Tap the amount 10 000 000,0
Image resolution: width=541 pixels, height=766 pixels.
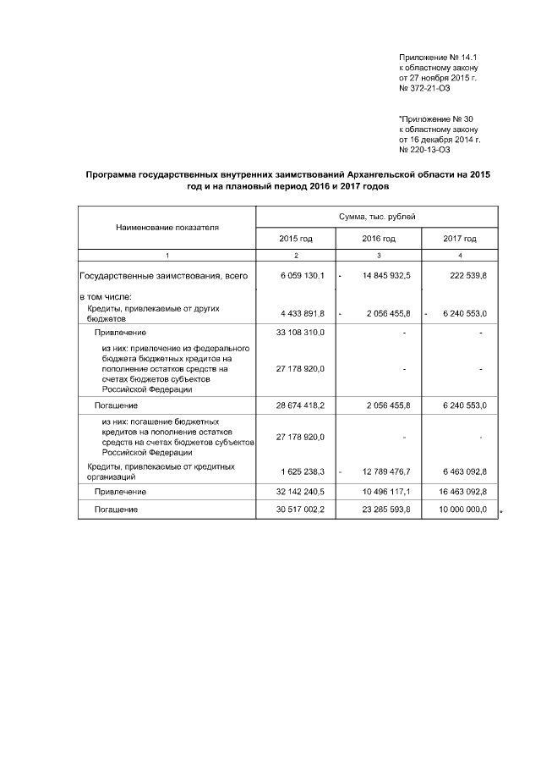tap(460, 510)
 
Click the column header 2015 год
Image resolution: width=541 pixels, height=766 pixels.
tap(296, 239)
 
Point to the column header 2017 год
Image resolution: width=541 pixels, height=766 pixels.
tap(460, 239)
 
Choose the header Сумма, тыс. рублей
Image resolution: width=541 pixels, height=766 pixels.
tap(377, 218)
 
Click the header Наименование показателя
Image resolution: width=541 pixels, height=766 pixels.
tap(167, 228)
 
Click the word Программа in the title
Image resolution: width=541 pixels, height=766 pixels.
tap(113, 174)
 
